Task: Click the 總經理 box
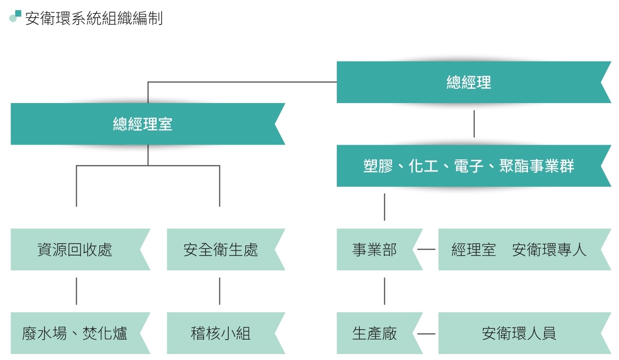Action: (469, 82)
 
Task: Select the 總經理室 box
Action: (143, 124)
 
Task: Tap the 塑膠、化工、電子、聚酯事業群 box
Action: (469, 166)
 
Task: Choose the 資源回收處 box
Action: (75, 250)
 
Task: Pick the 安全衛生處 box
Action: (221, 250)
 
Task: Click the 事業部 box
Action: (375, 250)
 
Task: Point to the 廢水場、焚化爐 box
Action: (75, 333)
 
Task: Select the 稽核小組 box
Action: (221, 333)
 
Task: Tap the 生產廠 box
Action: (375, 333)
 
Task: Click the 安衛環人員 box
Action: (519, 333)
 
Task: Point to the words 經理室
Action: (473, 250)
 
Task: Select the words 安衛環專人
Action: (549, 250)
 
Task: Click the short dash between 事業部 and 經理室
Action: (426, 250)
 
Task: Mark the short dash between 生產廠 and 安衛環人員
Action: (426, 333)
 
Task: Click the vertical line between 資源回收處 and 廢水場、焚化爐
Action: (76, 291)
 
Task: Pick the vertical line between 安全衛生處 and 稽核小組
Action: (219, 291)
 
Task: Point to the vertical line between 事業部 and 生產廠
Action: (384, 291)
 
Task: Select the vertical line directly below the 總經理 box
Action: (474, 124)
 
